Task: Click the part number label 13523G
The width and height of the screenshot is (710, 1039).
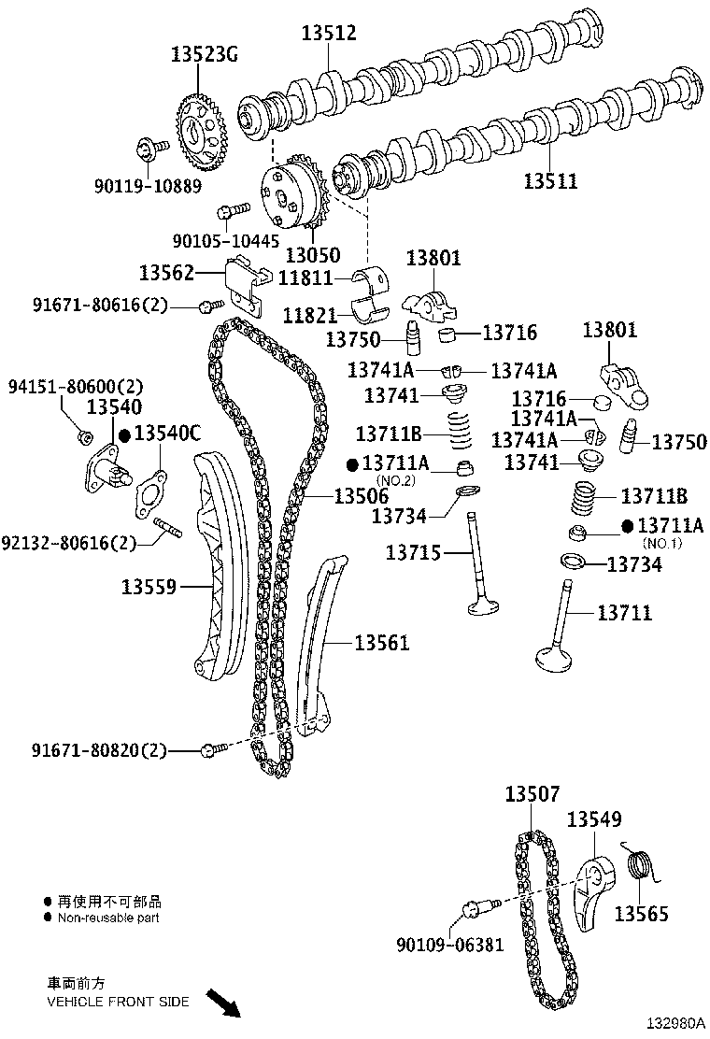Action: click(x=205, y=54)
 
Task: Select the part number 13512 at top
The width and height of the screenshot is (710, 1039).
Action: click(x=328, y=34)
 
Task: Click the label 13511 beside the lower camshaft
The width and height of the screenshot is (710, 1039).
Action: click(x=549, y=180)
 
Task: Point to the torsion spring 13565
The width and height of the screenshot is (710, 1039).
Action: click(x=640, y=867)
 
